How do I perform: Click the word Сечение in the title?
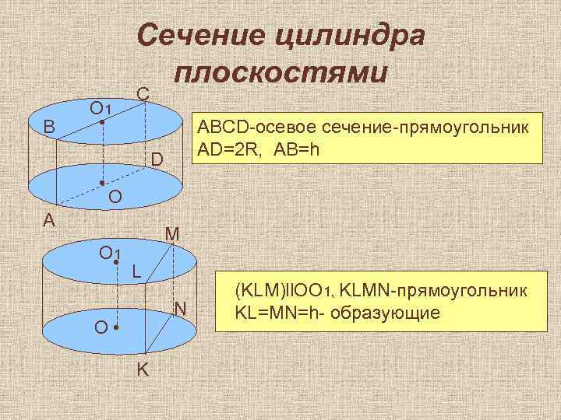coord(200,34)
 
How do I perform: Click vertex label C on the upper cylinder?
coord(143,93)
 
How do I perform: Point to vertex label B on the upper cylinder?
coord(49,127)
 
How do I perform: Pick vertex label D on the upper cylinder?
coord(157,160)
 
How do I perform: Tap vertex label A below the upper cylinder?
coord(49,221)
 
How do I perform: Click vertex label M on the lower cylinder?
coord(172,233)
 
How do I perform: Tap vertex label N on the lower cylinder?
coord(180,310)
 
